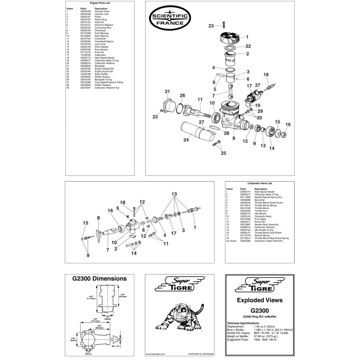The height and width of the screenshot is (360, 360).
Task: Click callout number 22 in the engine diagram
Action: click(x=248, y=46)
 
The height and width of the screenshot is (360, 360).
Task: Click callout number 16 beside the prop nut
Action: click(x=288, y=124)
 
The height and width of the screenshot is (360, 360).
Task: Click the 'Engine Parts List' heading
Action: click(x=100, y=3)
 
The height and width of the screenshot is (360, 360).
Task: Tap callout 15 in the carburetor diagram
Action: click(x=85, y=223)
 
